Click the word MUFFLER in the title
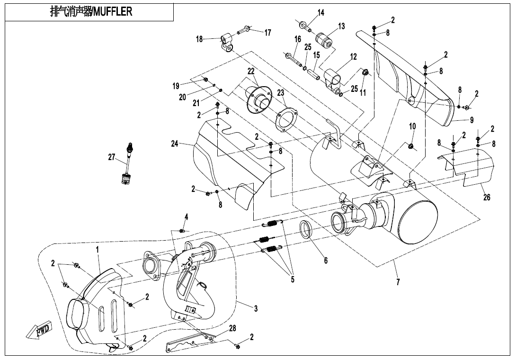[x=113, y=12]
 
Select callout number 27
[x=112, y=158]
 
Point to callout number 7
[x=398, y=282]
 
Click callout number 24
[x=175, y=144]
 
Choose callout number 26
[x=487, y=198]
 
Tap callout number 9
[x=472, y=120]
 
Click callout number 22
[x=251, y=71]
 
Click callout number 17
[x=268, y=33]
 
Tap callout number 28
[x=232, y=328]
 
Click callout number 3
[x=256, y=309]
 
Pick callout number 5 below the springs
[x=293, y=279]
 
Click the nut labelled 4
[x=182, y=231]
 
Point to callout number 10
[x=412, y=126]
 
